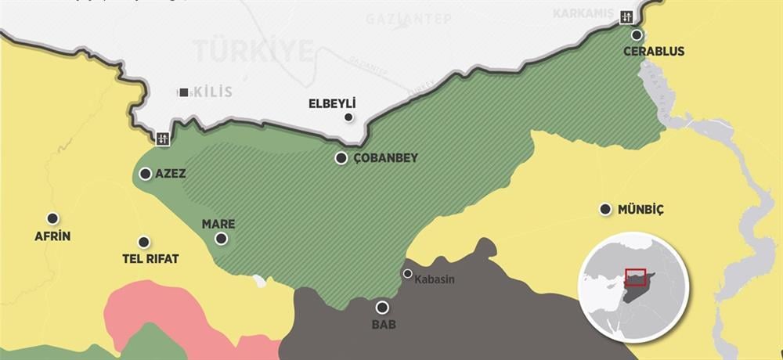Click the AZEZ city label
click(x=171, y=174)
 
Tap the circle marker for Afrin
click(x=52, y=218)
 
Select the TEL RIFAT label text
click(x=151, y=259)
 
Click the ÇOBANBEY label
click(x=386, y=158)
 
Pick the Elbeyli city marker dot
click(x=348, y=117)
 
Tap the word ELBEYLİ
click(x=332, y=103)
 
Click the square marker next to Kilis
click(x=183, y=92)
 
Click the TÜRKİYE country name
click(x=254, y=52)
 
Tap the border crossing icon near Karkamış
click(x=626, y=16)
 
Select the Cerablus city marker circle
click(x=637, y=35)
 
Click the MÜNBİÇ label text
click(x=642, y=210)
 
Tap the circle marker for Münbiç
click(x=604, y=209)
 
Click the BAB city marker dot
click(x=382, y=308)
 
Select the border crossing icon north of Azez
click(x=163, y=139)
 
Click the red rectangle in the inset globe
click(x=635, y=276)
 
